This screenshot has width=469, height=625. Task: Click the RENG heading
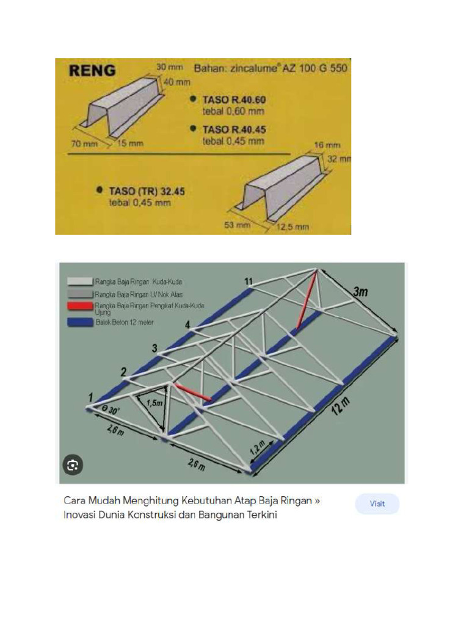tap(92, 70)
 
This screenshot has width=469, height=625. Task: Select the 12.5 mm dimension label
tap(293, 227)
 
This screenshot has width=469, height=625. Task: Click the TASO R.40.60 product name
tap(234, 99)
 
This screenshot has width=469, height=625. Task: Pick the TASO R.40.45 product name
tap(234, 129)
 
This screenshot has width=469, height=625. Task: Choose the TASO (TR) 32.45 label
tap(147, 191)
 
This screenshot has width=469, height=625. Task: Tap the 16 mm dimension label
tap(327, 146)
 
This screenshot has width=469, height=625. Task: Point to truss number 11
tap(248, 281)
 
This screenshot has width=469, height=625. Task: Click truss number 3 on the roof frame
tap(155, 349)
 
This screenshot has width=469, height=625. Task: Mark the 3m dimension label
tap(361, 292)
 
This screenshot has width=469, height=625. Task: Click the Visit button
tap(377, 504)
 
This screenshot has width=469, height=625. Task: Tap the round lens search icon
tap(73, 466)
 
